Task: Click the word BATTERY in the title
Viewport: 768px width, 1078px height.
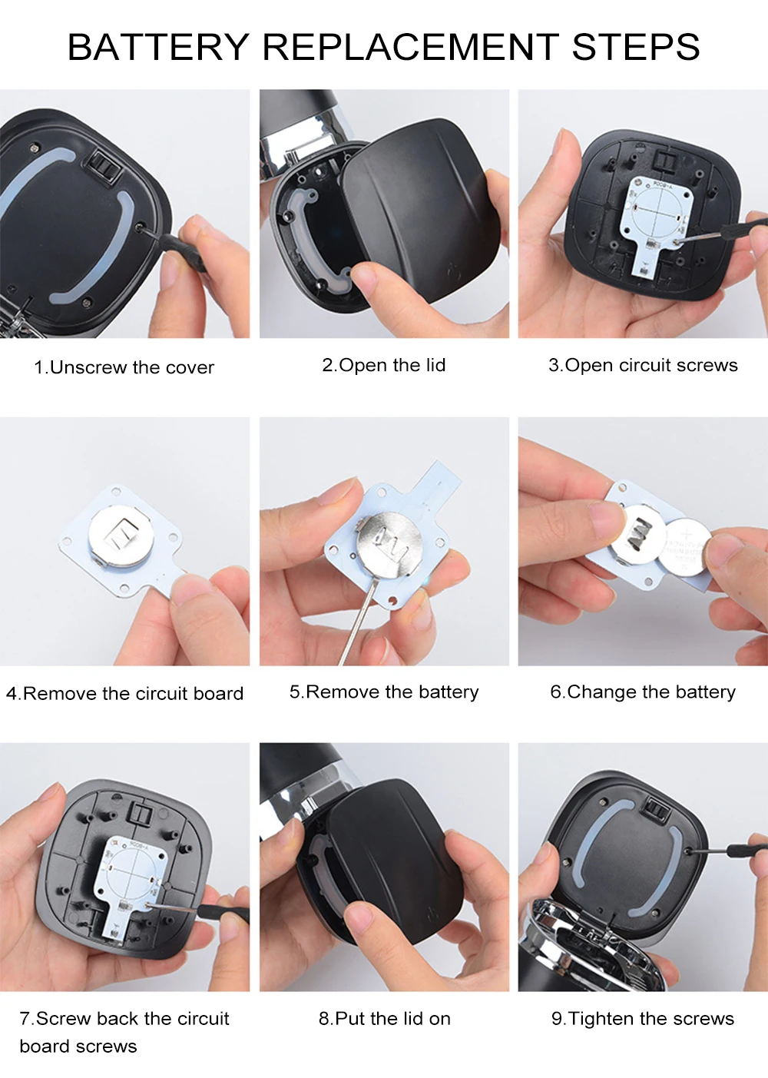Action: tap(158, 47)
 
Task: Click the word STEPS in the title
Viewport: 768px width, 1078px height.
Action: tap(635, 47)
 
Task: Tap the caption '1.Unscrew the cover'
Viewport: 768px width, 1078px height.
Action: tap(124, 367)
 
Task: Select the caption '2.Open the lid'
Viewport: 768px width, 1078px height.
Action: tap(384, 365)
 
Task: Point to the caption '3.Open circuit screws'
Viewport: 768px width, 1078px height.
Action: tap(643, 365)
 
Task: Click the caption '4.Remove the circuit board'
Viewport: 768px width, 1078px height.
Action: tap(124, 693)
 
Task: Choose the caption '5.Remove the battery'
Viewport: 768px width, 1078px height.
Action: tap(384, 692)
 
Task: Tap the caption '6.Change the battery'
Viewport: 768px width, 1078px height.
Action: tap(643, 692)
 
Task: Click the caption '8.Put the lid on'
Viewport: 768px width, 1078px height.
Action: tap(384, 1018)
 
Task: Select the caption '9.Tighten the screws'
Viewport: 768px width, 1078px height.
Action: tap(643, 1018)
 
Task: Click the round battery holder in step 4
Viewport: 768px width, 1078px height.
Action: tap(121, 536)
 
